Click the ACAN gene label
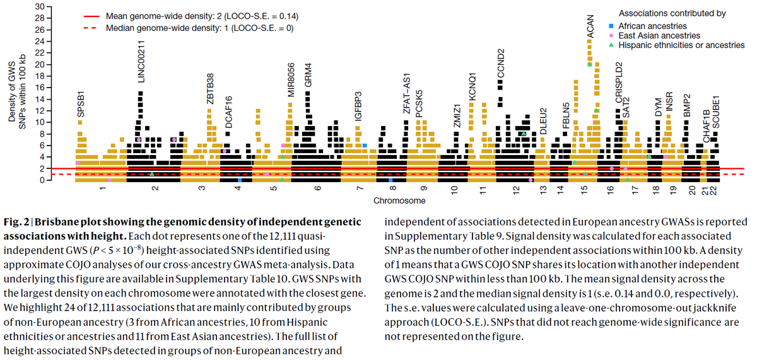coord(590,27)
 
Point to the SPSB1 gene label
coord(81,103)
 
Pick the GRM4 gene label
coord(308,74)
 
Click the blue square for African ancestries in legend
coord(610,26)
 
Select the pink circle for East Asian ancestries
coord(610,36)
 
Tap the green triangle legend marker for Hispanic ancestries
coord(610,45)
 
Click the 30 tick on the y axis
coord(40,6)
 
